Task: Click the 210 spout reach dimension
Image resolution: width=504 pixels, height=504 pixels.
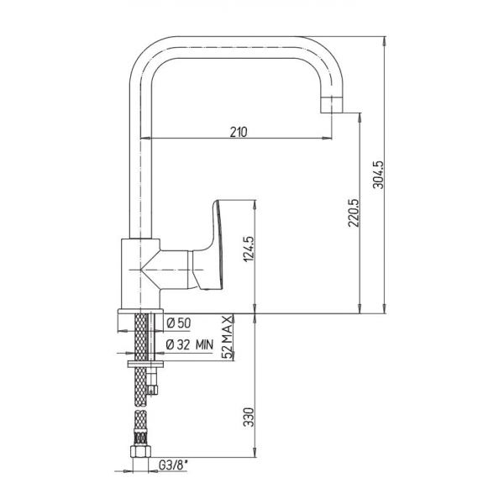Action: [x=239, y=132]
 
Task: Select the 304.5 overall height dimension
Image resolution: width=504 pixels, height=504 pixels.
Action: [x=378, y=175]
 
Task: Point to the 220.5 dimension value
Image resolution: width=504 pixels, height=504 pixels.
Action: [x=353, y=213]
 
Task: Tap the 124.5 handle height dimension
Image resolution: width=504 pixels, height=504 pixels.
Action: [x=249, y=249]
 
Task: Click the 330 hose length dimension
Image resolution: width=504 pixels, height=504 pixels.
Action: [x=249, y=417]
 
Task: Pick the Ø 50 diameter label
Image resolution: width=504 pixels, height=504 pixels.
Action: [x=179, y=323]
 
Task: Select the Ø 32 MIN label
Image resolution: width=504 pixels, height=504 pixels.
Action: [x=190, y=345]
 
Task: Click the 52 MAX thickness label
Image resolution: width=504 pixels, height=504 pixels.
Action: [x=228, y=337]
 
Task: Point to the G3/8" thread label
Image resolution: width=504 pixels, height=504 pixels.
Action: [x=173, y=465]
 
